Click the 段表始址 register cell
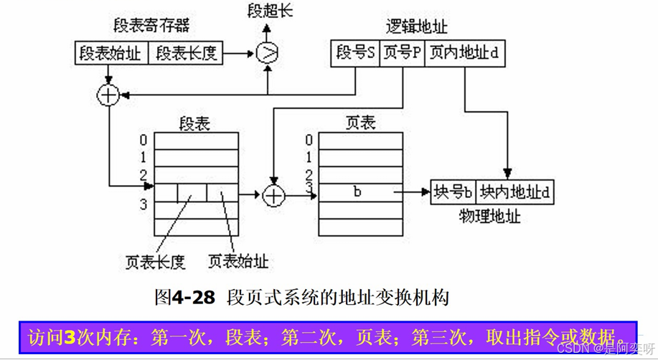tap(111, 53)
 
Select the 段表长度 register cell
tap(187, 53)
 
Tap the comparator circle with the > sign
tap(267, 52)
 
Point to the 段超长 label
tap(271, 11)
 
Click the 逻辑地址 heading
tap(416, 27)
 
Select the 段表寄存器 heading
tap(151, 26)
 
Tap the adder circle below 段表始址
tap(108, 95)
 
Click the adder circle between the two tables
tap(273, 194)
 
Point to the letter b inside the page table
tap(357, 192)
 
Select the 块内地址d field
tap(514, 192)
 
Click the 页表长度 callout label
tap(155, 262)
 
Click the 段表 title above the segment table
tap(194, 123)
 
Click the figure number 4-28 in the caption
tap(193, 297)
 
